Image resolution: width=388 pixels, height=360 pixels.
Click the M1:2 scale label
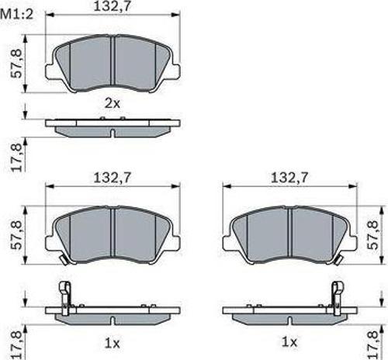click(17, 14)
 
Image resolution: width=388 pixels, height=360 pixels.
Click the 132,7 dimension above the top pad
click(113, 6)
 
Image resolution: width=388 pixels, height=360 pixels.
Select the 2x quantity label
click(113, 103)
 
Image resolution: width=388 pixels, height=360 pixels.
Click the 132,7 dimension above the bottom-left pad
click(113, 178)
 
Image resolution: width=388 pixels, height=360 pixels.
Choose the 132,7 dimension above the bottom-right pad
click(289, 178)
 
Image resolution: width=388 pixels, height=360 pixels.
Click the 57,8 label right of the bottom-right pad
click(372, 235)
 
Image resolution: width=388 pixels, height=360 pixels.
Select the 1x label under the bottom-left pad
click(113, 343)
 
